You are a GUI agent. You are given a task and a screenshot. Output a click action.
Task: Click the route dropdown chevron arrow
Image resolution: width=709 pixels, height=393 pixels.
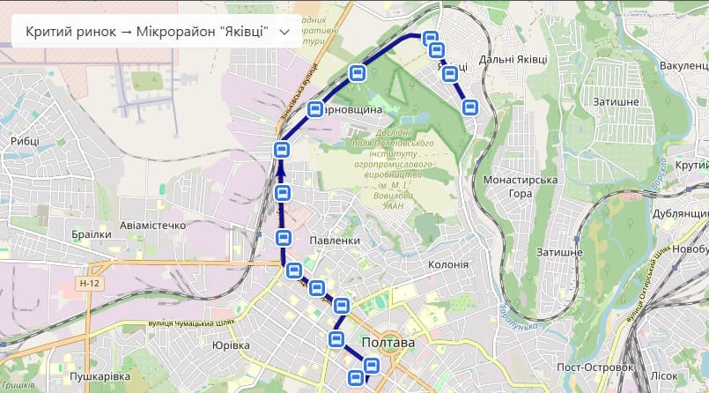(284, 32)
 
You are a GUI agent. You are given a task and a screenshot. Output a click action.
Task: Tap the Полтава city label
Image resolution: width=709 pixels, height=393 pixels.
(388, 343)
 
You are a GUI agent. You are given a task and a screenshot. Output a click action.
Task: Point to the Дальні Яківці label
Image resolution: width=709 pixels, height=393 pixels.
(513, 59)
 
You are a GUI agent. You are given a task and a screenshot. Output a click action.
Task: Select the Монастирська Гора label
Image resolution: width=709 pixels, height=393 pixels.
(521, 187)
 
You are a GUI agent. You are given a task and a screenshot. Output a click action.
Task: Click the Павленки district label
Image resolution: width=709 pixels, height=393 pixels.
(336, 241)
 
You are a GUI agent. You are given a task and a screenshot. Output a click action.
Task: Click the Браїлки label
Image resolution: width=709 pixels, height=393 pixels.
(92, 234)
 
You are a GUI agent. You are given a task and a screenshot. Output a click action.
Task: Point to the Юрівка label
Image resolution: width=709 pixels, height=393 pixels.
(231, 345)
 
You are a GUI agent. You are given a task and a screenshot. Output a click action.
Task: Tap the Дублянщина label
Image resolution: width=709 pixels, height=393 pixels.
(681, 214)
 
